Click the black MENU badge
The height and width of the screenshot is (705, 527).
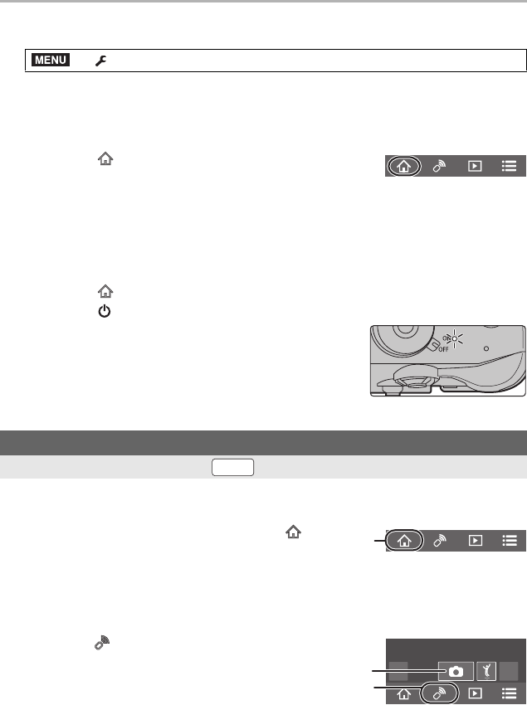pyautogui.click(x=51, y=60)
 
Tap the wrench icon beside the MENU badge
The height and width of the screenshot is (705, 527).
pyautogui.click(x=100, y=61)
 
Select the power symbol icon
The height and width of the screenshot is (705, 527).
pyautogui.click(x=105, y=311)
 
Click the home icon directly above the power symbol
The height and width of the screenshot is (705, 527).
pyautogui.click(x=105, y=291)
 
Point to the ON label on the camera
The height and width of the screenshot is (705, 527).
pyautogui.click(x=446, y=338)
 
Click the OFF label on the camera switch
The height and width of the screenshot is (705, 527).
pyautogui.click(x=443, y=349)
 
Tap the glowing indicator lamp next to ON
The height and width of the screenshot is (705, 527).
pyautogui.click(x=455, y=338)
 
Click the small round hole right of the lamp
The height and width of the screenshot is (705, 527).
pyautogui.click(x=486, y=348)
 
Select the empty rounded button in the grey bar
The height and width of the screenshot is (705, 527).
pyautogui.click(x=232, y=467)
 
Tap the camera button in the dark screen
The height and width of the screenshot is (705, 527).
pyautogui.click(x=456, y=671)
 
